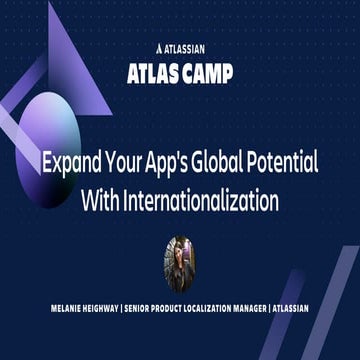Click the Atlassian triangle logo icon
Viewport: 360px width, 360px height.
161,46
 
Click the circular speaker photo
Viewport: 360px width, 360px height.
180,258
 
